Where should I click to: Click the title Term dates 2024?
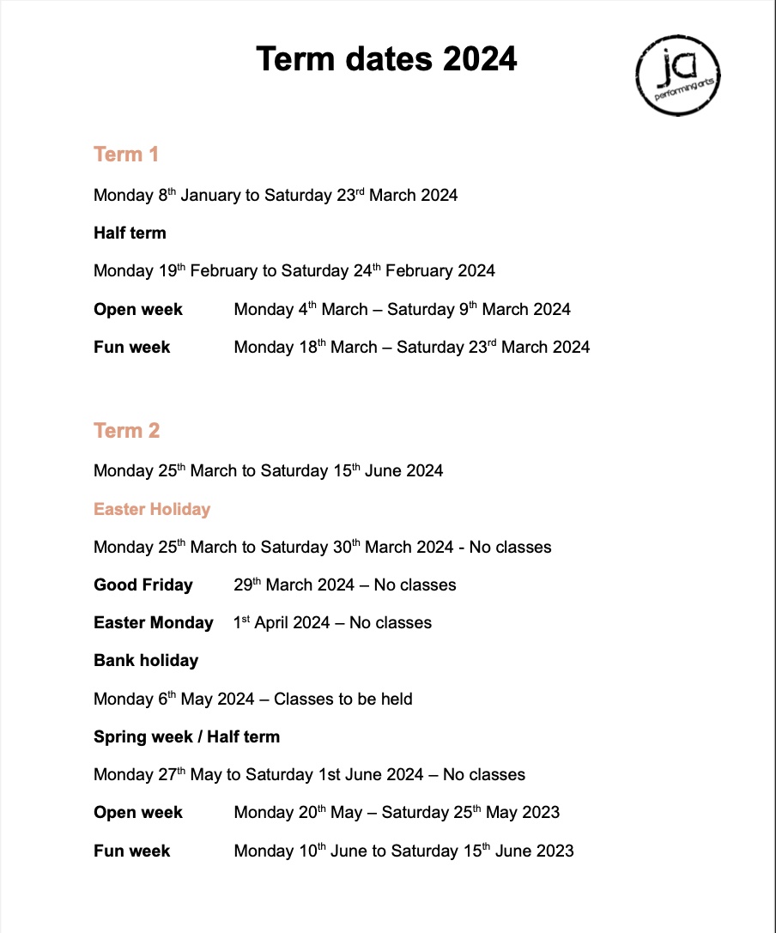(x=386, y=59)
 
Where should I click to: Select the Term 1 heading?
(x=126, y=154)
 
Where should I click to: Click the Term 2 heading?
(x=126, y=430)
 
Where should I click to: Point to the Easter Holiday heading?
(x=152, y=509)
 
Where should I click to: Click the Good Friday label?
(x=143, y=585)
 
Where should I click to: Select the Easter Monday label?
(x=153, y=622)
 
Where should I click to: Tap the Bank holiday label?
(x=146, y=660)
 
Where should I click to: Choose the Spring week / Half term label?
(x=186, y=736)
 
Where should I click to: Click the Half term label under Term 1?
(x=130, y=233)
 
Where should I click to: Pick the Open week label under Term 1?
(x=138, y=309)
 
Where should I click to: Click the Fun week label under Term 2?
(x=132, y=851)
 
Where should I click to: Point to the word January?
(x=210, y=195)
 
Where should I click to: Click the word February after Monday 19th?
(x=223, y=271)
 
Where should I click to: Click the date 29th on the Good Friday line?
(x=247, y=585)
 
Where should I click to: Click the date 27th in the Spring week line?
(x=171, y=774)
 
